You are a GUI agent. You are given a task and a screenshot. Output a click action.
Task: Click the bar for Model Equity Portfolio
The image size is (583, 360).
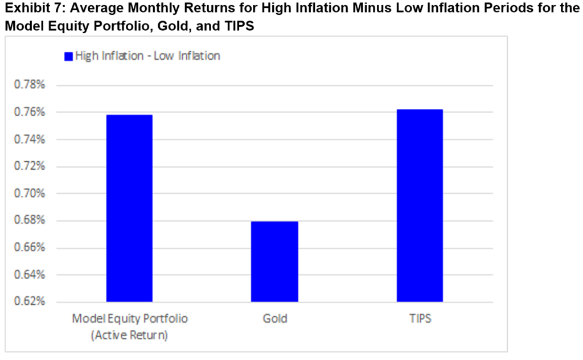(129, 208)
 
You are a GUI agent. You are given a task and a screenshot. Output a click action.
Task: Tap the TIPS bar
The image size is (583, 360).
(420, 205)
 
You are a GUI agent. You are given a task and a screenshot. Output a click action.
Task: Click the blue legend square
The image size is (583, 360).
(68, 56)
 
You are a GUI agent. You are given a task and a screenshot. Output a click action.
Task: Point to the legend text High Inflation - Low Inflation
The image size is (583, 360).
(147, 56)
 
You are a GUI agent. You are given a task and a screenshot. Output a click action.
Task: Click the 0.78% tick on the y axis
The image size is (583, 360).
(30, 85)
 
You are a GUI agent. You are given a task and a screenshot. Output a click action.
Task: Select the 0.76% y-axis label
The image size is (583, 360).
(30, 112)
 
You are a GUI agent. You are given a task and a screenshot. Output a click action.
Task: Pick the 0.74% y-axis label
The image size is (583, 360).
(30, 140)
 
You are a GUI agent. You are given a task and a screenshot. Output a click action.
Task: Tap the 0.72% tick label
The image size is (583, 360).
(30, 166)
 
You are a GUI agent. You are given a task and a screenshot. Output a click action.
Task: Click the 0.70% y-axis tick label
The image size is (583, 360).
(30, 194)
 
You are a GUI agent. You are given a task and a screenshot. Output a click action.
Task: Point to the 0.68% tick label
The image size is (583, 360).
(30, 220)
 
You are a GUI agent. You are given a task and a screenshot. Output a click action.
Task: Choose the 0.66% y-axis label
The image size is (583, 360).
(30, 248)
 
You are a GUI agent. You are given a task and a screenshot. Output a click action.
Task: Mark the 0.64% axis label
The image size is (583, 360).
(30, 275)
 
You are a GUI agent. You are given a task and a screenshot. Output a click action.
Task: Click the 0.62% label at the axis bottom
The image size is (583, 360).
(30, 301)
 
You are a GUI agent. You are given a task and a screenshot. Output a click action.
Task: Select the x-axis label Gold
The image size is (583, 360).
(274, 318)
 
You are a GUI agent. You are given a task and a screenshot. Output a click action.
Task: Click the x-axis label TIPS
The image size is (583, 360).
(420, 318)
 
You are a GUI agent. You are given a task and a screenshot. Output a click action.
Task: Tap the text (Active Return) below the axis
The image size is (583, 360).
(129, 336)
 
